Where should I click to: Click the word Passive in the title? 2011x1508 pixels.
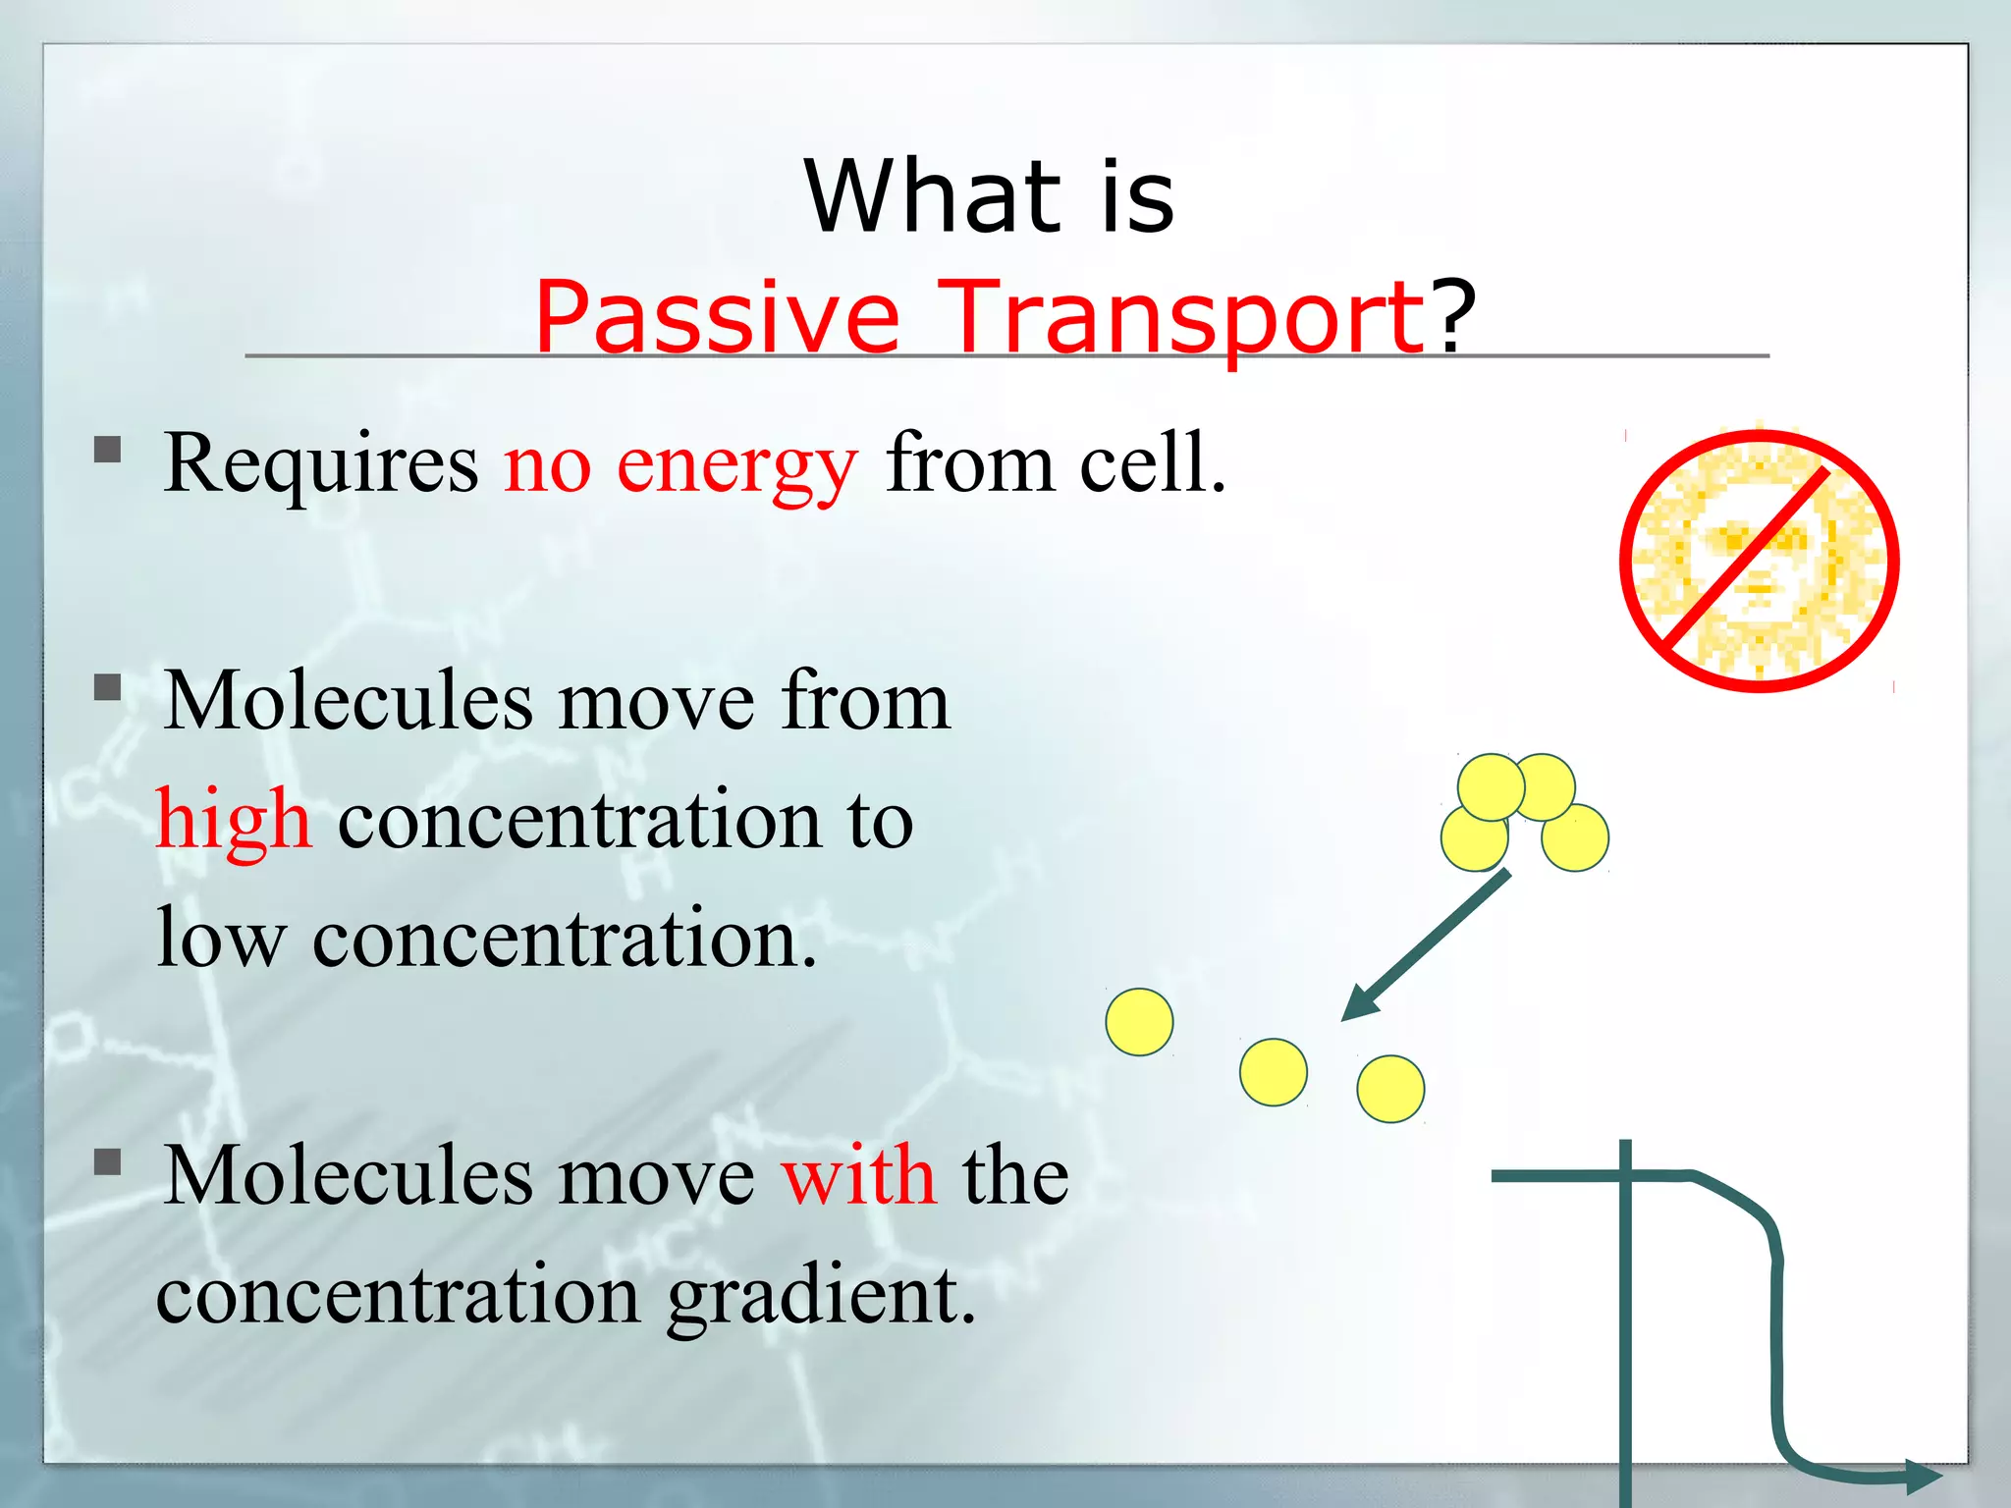point(717,317)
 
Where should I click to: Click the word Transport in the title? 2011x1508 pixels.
point(1178,317)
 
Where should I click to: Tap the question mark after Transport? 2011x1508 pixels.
point(1451,317)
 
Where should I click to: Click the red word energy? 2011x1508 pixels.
point(736,466)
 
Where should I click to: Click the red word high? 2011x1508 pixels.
point(234,821)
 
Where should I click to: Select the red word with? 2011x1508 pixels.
point(859,1175)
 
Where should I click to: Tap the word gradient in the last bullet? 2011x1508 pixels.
point(821,1296)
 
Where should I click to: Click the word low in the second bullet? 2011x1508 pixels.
point(222,939)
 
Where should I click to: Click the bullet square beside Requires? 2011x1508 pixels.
point(107,451)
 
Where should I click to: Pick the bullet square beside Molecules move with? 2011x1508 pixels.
point(107,1162)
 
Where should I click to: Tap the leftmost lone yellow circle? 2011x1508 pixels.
point(1139,1022)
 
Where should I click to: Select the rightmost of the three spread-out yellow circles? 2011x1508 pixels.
point(1390,1089)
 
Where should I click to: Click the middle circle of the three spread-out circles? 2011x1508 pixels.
point(1274,1072)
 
